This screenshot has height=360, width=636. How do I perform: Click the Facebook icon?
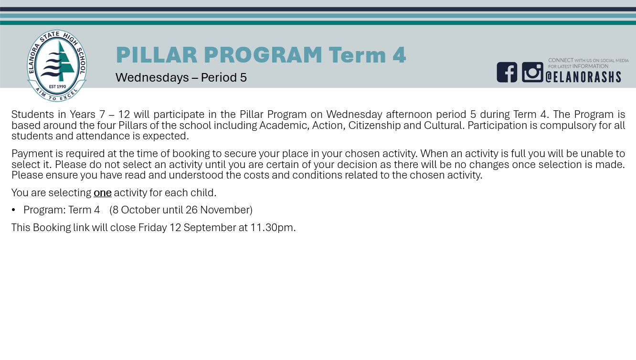point(507,73)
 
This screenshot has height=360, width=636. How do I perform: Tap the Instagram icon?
point(532,73)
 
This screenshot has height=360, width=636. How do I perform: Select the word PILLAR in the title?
point(157,55)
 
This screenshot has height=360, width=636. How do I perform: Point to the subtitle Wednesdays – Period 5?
point(181,77)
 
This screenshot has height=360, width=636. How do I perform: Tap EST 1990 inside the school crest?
point(57,86)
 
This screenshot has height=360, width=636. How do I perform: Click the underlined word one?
point(103,193)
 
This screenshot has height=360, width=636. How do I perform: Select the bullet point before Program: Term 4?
point(13,210)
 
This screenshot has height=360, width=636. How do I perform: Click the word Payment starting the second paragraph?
point(32,154)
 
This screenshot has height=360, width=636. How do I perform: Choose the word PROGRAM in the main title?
point(263,55)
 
